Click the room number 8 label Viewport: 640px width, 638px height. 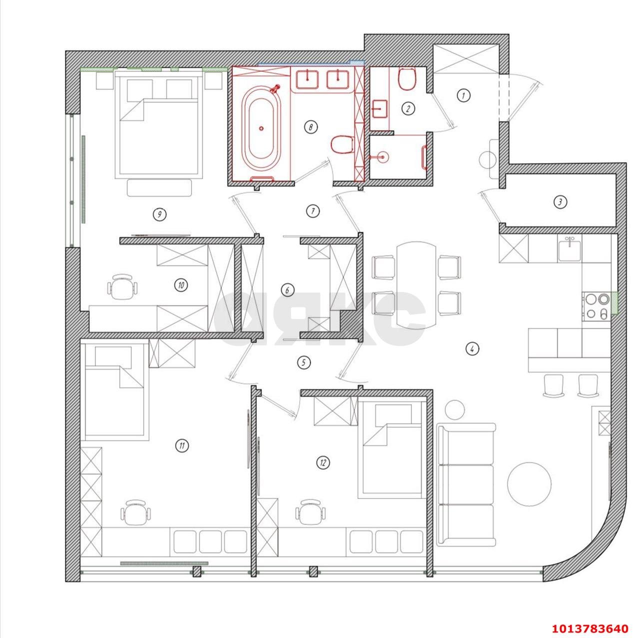[310, 127]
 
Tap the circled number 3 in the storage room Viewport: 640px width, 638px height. [560, 202]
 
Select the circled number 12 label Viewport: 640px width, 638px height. [323, 463]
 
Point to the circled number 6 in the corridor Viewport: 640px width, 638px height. [287, 290]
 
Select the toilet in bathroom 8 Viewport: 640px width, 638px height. [342, 144]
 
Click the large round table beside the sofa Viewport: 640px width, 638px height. [529, 484]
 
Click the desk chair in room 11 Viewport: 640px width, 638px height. [135, 512]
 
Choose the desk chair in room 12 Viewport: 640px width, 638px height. [310, 512]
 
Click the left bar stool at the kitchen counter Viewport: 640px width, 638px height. [553, 385]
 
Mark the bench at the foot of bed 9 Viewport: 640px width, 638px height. [159, 187]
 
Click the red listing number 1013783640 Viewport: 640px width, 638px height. [589, 628]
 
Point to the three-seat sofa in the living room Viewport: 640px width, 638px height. [466, 484]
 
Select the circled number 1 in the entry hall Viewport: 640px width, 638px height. [463, 95]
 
